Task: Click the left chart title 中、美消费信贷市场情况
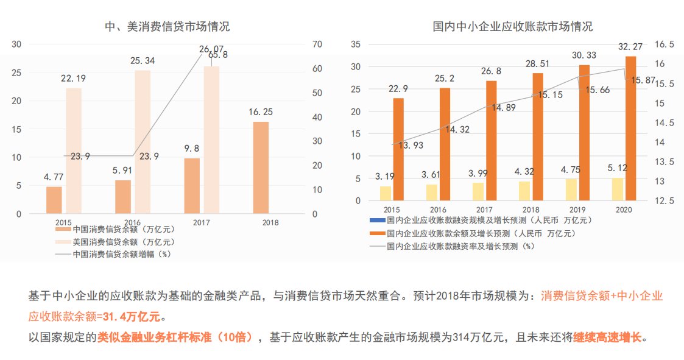(x=167, y=27)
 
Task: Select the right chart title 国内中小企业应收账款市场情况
(x=512, y=27)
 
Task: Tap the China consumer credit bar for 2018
(x=261, y=168)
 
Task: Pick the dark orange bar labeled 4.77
(x=54, y=200)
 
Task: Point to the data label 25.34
(x=142, y=61)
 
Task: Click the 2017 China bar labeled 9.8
(x=192, y=186)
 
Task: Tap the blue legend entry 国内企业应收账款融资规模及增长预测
(x=481, y=220)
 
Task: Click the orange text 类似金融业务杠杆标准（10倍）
(x=175, y=337)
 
